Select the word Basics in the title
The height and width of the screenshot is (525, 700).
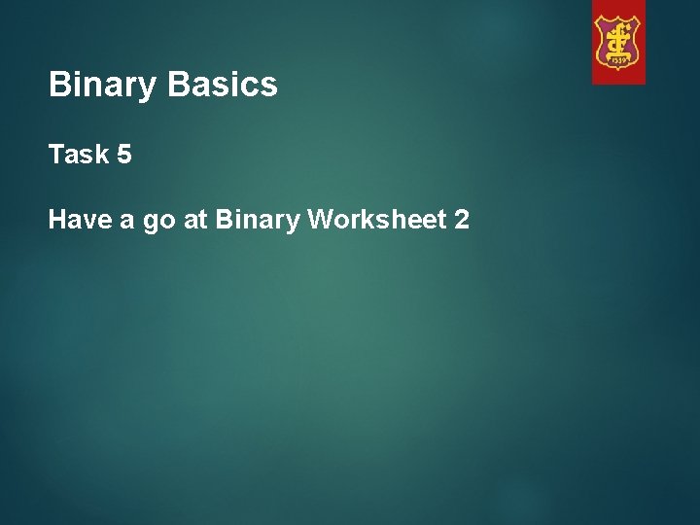pyautogui.click(x=223, y=86)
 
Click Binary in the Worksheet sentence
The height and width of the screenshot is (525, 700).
pyautogui.click(x=259, y=222)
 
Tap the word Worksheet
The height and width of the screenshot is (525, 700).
pyautogui.click(x=375, y=221)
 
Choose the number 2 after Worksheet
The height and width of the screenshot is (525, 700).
pyautogui.click(x=461, y=221)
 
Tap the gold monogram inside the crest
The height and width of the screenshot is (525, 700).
pyautogui.click(x=618, y=39)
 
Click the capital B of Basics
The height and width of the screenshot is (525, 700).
pyautogui.click(x=178, y=86)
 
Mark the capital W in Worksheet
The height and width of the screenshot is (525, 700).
pyautogui.click(x=321, y=221)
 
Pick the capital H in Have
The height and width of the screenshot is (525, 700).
pyautogui.click(x=57, y=221)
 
